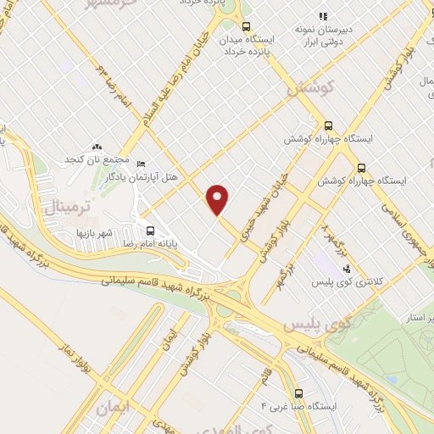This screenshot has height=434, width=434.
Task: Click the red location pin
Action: tap(218, 200)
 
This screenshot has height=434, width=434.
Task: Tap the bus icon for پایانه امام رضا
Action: tap(151, 230)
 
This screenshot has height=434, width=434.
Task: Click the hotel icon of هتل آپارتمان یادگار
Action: tap(141, 164)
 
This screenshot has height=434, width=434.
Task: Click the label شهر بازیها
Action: tap(94, 231)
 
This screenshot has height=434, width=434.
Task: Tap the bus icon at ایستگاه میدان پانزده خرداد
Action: tap(247, 26)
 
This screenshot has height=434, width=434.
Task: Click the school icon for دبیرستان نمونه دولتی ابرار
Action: tap(322, 15)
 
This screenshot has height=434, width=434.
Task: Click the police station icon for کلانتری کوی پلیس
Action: tap(347, 269)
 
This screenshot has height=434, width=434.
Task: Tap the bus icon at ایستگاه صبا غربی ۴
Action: tap(298, 393)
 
